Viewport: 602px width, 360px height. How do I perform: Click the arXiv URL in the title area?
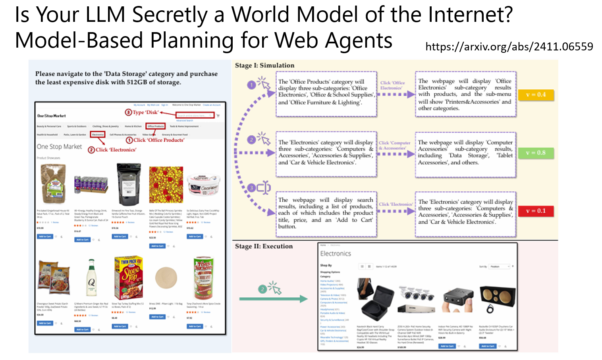click(x=509, y=47)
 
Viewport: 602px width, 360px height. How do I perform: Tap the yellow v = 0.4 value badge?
click(x=536, y=95)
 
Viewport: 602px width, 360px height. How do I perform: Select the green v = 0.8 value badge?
click(x=536, y=153)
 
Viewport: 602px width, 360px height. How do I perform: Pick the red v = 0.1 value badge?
click(x=536, y=211)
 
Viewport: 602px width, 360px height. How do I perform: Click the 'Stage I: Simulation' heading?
click(x=264, y=65)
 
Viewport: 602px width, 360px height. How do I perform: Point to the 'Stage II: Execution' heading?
click(x=264, y=246)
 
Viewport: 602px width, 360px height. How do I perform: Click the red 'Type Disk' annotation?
click(x=142, y=112)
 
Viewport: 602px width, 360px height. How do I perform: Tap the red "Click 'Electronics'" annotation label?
click(x=112, y=150)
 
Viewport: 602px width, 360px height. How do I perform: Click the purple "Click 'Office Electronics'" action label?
click(x=392, y=85)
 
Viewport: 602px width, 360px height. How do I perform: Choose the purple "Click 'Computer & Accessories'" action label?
click(x=394, y=145)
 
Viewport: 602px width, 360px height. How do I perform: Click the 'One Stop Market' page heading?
click(x=59, y=146)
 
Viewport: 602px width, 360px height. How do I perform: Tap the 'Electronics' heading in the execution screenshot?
click(x=336, y=254)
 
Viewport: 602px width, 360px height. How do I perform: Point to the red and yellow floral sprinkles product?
click(x=166, y=185)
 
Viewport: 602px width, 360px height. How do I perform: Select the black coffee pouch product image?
click(x=129, y=184)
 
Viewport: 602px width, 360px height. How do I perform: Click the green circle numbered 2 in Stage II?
click(x=262, y=289)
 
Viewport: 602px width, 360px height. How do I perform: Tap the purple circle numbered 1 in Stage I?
click(x=251, y=85)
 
